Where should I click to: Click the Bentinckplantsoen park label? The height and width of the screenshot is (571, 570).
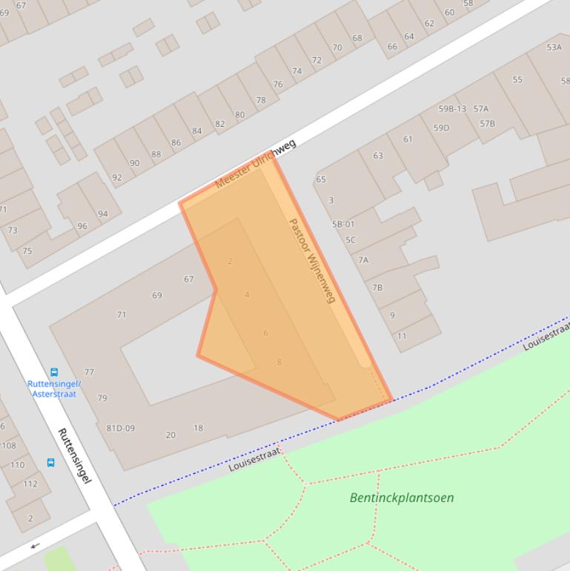point(402,498)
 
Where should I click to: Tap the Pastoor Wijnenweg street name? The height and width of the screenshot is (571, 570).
point(312,260)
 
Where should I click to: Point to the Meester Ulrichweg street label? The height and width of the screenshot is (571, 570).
point(255,163)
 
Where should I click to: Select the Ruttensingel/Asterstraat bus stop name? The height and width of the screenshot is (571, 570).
point(54,389)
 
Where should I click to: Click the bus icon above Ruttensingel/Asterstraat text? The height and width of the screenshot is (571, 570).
point(54,372)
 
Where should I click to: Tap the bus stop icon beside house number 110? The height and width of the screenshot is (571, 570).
point(50,463)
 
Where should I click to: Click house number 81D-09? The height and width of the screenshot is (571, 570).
point(120,428)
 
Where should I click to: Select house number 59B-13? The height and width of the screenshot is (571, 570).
point(452,109)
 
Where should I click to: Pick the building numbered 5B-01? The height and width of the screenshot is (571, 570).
point(343,224)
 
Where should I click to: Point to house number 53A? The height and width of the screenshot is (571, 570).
point(554,47)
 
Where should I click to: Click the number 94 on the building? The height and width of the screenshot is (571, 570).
point(102,214)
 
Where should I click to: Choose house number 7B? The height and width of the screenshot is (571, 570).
point(377,287)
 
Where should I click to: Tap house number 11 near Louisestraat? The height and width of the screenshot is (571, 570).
point(402,336)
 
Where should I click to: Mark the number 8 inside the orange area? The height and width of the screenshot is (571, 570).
point(279,362)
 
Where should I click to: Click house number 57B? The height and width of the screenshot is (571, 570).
point(487,123)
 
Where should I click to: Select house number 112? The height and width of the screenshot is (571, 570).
point(30,483)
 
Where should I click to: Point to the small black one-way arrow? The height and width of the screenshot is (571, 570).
point(34,547)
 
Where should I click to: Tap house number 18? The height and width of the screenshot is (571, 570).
point(198,428)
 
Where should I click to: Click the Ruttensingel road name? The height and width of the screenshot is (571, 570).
point(74,455)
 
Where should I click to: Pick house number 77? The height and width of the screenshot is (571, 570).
point(89,372)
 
